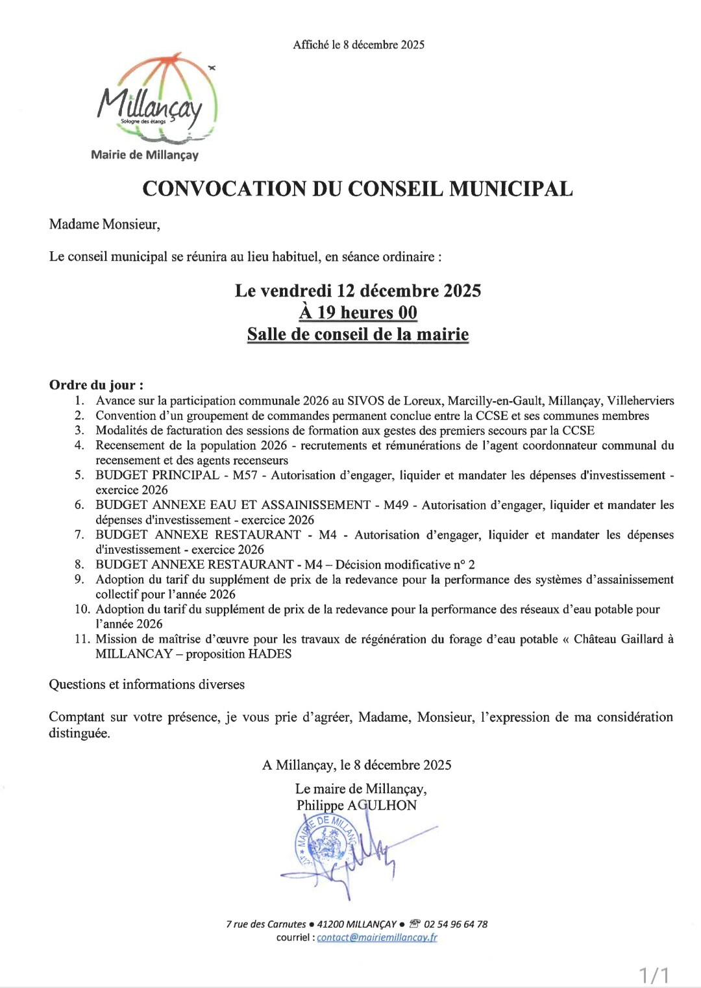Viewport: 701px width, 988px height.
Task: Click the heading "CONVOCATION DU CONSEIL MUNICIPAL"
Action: pos(358,189)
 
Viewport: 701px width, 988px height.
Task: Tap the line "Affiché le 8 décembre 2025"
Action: pos(358,45)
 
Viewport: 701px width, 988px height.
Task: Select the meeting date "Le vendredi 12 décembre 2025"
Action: pos(358,291)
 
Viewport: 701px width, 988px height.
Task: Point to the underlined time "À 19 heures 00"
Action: pos(358,313)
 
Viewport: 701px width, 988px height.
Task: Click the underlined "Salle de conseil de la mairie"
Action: pos(358,334)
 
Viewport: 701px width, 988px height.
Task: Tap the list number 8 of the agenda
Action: pos(79,565)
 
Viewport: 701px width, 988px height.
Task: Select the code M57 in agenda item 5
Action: pos(245,475)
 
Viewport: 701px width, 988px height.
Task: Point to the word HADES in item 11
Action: pos(270,654)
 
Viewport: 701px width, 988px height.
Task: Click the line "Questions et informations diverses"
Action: pos(147,685)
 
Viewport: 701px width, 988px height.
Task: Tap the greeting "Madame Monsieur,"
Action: pos(105,225)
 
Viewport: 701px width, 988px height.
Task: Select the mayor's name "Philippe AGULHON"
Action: pos(356,806)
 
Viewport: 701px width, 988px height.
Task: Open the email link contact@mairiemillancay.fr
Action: pos(376,937)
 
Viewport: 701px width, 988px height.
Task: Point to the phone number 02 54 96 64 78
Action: pos(456,924)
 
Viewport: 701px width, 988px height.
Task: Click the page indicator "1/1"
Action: pos(654,974)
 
